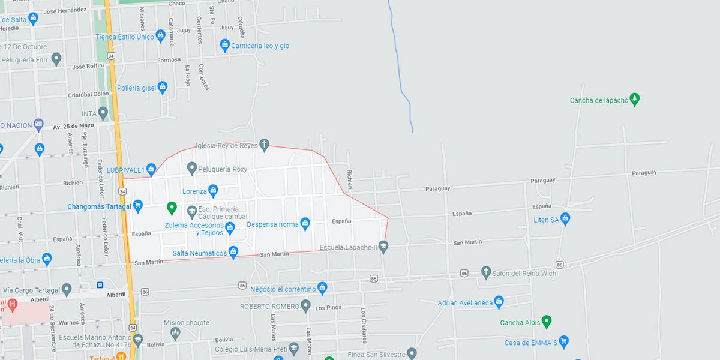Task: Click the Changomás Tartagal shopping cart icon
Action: coord(138,205)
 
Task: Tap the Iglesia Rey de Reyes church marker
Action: coord(265,145)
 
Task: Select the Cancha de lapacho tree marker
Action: coord(635,100)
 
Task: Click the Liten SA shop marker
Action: coord(565,218)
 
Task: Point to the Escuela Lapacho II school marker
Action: coord(383,246)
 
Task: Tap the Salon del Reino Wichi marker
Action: coord(486,272)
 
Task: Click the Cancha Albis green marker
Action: coord(546,322)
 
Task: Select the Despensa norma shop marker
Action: coord(305,224)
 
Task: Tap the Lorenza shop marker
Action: coord(213,191)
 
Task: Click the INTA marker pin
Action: coord(103,113)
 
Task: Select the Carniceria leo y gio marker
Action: coord(225,45)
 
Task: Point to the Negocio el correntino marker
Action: coord(322,288)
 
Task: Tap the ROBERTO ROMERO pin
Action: coord(305,306)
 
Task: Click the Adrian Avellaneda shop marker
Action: coord(499,302)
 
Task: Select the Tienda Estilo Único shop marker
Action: coord(160,36)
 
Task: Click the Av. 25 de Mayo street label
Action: coord(73,125)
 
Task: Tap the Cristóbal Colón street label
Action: coord(88,94)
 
